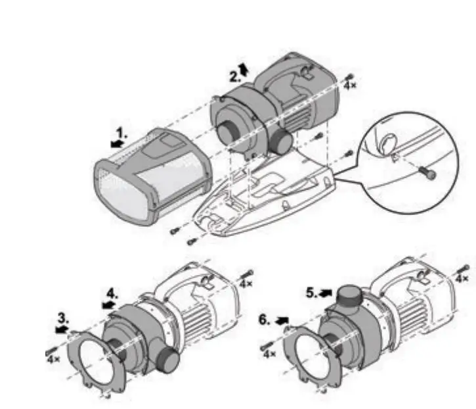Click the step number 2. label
(x=235, y=76)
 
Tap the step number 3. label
(x=62, y=316)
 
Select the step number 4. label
(x=114, y=292)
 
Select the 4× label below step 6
(x=269, y=354)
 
